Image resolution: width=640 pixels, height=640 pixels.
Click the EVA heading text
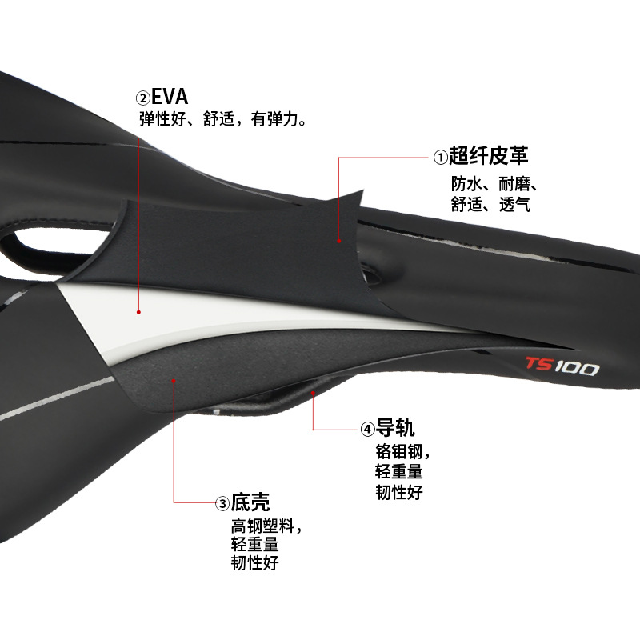click(170, 97)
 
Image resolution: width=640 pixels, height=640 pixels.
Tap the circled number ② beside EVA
click(143, 98)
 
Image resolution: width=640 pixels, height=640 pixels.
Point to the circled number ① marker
click(438, 157)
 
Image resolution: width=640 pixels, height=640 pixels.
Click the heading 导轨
click(395, 427)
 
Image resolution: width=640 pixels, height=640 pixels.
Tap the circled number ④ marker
click(367, 429)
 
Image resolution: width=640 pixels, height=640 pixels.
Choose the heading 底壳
click(250, 502)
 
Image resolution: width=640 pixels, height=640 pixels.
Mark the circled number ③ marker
click(222, 503)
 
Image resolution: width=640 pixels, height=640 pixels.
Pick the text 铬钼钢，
click(403, 450)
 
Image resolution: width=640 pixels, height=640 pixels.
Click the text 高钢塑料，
click(266, 526)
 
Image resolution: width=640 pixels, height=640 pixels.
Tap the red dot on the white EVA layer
click(139, 312)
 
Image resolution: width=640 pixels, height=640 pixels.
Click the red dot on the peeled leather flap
click(339, 240)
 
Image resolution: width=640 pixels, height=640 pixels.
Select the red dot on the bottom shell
click(174, 382)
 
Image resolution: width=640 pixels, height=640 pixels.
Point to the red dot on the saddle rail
click(313, 393)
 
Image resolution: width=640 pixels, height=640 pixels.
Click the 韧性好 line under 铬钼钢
click(399, 492)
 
